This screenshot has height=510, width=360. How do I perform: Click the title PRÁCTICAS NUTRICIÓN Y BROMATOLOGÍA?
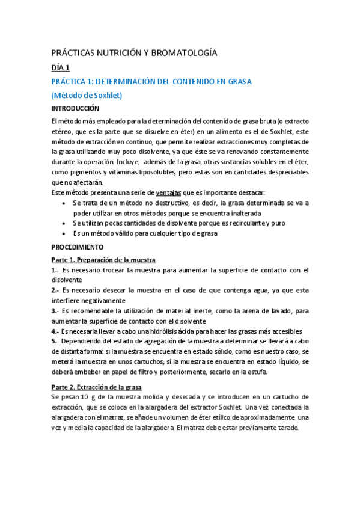[134, 53]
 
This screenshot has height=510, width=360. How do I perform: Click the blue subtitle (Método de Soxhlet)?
[87, 95]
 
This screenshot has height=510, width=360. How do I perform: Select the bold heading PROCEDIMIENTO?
[77, 247]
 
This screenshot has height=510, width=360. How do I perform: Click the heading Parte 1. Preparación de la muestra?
[103, 260]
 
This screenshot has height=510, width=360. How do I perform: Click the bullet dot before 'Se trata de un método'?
[65, 203]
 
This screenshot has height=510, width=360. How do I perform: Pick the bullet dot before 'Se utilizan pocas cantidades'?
[65, 223]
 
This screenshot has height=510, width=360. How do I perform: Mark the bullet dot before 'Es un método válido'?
[65, 233]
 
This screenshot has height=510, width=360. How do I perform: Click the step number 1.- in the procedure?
[55, 270]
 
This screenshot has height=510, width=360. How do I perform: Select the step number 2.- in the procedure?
[55, 290]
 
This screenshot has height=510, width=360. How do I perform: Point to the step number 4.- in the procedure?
[55, 331]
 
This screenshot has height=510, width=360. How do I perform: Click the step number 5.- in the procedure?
[55, 341]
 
